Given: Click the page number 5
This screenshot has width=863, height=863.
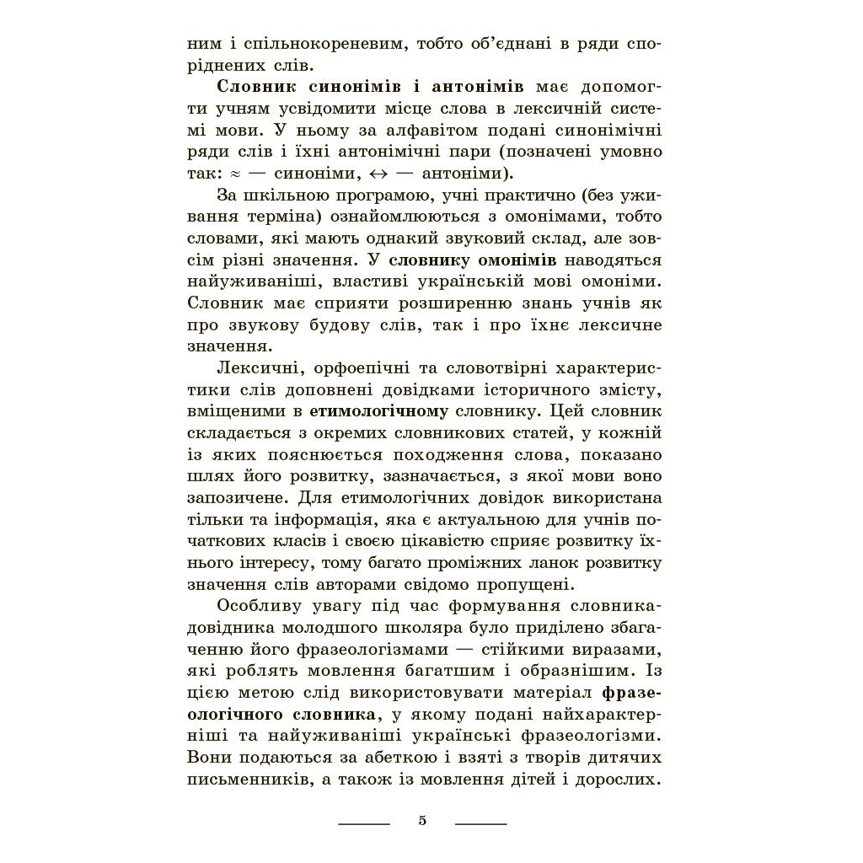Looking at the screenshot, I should [422, 820].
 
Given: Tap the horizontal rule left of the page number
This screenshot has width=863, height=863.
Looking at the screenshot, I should [363, 823].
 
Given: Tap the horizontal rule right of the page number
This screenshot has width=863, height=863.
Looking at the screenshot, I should [480, 823].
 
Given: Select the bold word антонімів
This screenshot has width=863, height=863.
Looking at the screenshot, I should [478, 87].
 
